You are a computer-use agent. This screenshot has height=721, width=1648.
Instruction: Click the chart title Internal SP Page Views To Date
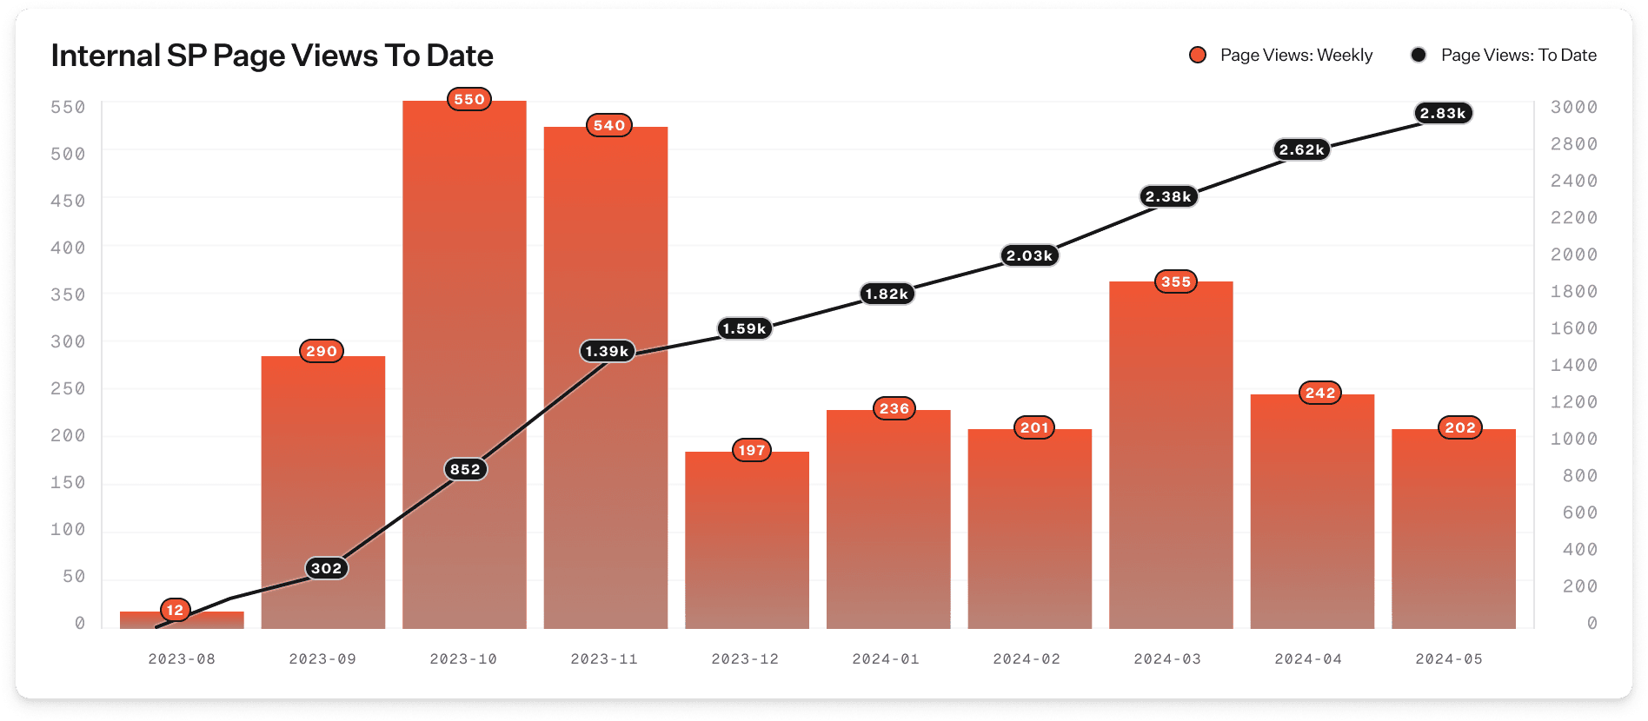(272, 56)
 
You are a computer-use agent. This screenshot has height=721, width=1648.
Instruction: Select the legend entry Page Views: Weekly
(1281, 55)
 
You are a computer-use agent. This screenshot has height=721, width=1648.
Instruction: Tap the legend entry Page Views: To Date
(1504, 55)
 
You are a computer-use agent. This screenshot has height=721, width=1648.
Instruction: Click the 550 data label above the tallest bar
(469, 99)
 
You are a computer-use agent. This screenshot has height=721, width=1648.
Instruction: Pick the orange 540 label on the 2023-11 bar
(609, 125)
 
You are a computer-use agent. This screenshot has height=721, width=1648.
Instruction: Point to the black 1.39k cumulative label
(607, 351)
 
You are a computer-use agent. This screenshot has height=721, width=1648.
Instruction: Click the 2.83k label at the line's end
(1443, 113)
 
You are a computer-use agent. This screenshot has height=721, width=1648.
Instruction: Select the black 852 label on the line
(465, 469)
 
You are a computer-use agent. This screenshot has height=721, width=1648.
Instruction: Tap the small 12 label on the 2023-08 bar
(176, 610)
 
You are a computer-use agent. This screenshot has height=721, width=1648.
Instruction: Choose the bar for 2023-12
(747, 547)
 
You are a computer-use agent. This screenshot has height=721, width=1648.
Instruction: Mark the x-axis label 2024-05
(1449, 658)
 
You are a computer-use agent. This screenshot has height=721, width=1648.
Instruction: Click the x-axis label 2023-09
(322, 658)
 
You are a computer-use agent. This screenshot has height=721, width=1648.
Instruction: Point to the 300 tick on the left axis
(68, 341)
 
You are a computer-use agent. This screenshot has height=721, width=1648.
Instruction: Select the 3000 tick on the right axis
(1574, 107)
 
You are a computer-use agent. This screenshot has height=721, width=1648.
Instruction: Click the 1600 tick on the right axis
(1574, 328)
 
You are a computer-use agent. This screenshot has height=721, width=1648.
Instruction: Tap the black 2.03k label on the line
(1029, 255)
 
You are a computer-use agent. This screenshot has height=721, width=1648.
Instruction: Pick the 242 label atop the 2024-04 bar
(1319, 393)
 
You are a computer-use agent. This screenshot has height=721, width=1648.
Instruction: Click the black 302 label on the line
(327, 568)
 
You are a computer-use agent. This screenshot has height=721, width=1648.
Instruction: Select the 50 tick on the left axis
(74, 576)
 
